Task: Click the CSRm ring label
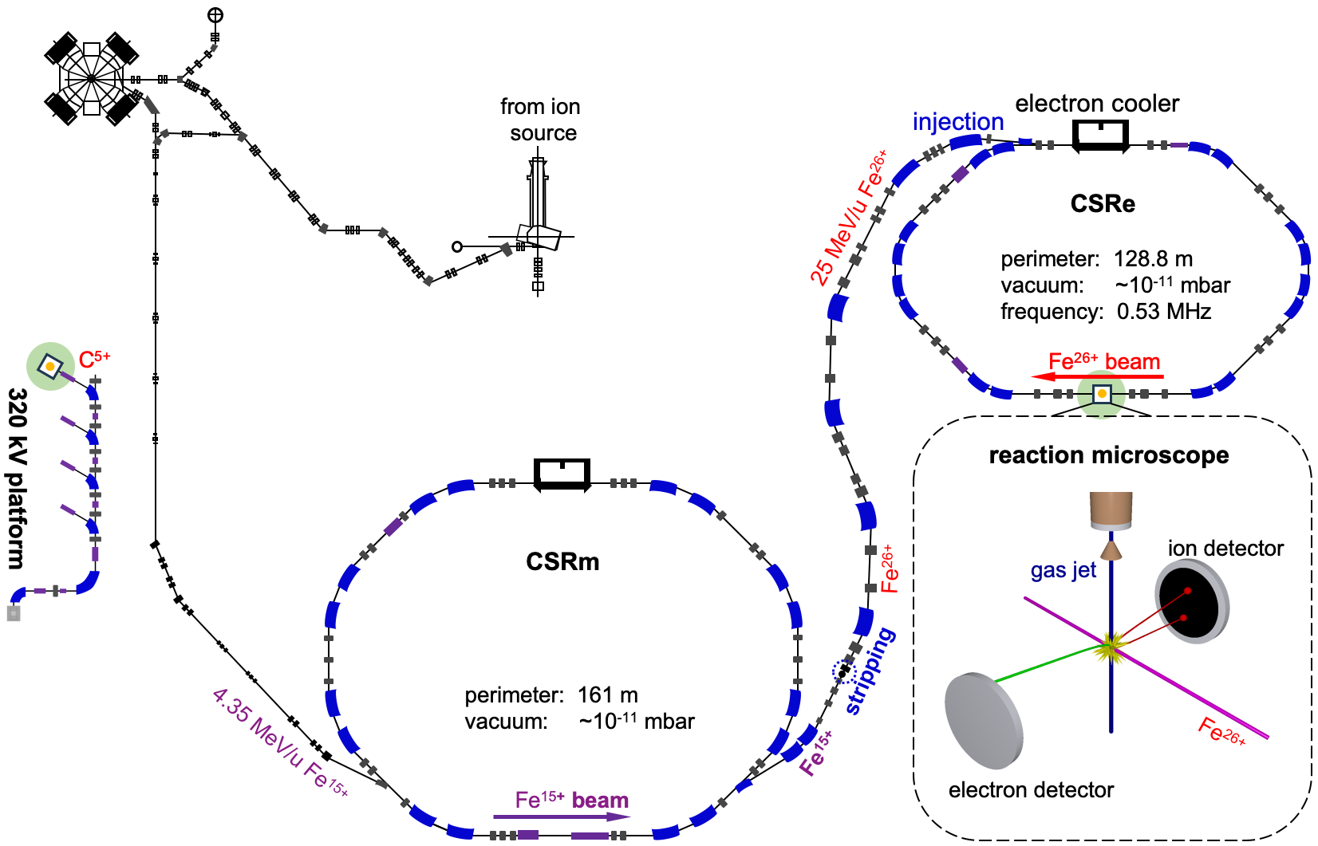(562, 562)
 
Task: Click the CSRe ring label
(1103, 204)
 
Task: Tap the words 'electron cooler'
(1097, 104)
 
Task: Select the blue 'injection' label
(958, 122)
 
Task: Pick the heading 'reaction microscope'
(1109, 455)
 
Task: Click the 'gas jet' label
(1063, 571)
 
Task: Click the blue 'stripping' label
(870, 671)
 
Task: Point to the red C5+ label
(94, 360)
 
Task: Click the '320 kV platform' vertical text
(18, 478)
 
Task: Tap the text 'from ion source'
(541, 120)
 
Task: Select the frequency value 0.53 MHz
(1163, 312)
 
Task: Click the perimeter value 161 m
(607, 695)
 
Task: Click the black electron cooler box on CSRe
(1100, 136)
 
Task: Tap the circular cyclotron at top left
(92, 78)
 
